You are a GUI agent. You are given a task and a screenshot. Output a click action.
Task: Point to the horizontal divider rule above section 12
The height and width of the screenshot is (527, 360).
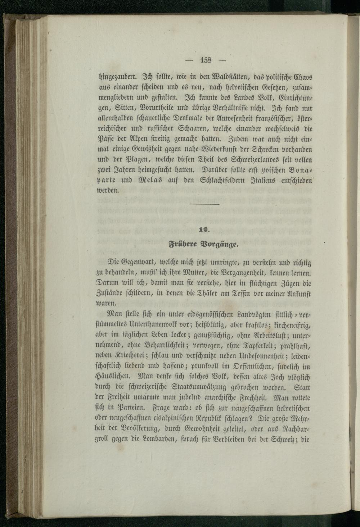[x=204, y=205]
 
